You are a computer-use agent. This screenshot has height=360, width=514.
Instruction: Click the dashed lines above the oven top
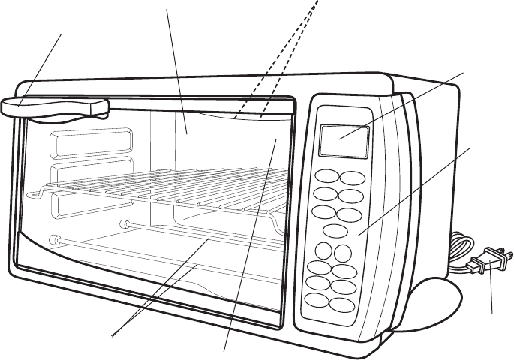pyautogui.click(x=281, y=60)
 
